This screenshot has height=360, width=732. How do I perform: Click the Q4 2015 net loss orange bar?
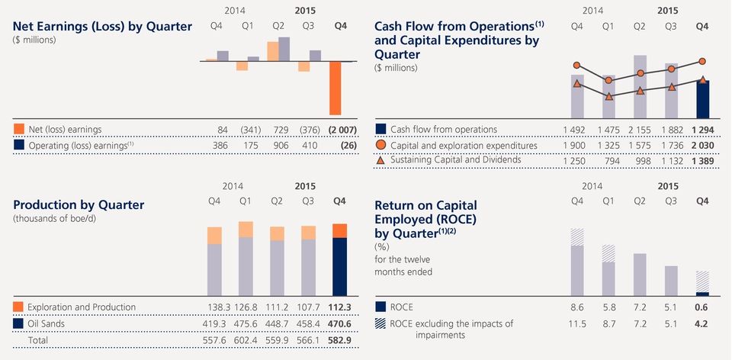pos(335,88)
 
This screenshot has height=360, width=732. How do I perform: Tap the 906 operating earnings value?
pos(278,145)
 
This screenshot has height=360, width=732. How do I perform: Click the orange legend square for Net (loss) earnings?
pos(19,130)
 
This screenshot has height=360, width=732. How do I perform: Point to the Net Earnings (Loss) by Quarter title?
pos(102,27)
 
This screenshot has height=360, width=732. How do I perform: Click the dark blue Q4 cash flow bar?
pos(702,98)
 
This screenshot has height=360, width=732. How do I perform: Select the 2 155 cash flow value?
pos(640,130)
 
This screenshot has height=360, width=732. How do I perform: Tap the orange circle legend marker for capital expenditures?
pos(381,145)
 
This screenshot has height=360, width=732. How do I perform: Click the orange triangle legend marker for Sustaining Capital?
pos(381,160)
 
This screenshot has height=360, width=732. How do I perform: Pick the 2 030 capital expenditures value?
pos(702,145)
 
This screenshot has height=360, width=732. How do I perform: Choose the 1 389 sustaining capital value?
pos(702,160)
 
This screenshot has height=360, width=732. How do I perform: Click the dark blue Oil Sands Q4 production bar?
pos(339,267)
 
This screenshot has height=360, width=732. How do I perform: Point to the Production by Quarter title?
pos(79,204)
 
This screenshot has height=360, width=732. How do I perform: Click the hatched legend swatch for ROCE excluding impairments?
pos(381,324)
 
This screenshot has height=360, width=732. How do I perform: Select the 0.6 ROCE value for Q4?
pos(702,307)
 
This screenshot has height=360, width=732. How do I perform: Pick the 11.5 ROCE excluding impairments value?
pos(577,324)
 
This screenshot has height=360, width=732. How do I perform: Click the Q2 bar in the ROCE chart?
pos(640,275)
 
